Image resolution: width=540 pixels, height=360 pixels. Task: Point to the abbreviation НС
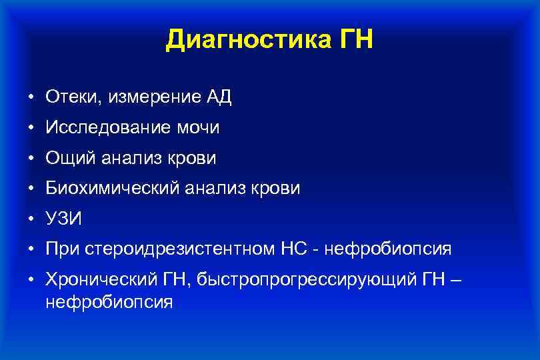(291, 249)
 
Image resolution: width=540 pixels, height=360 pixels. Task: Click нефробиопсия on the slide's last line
(109, 302)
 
